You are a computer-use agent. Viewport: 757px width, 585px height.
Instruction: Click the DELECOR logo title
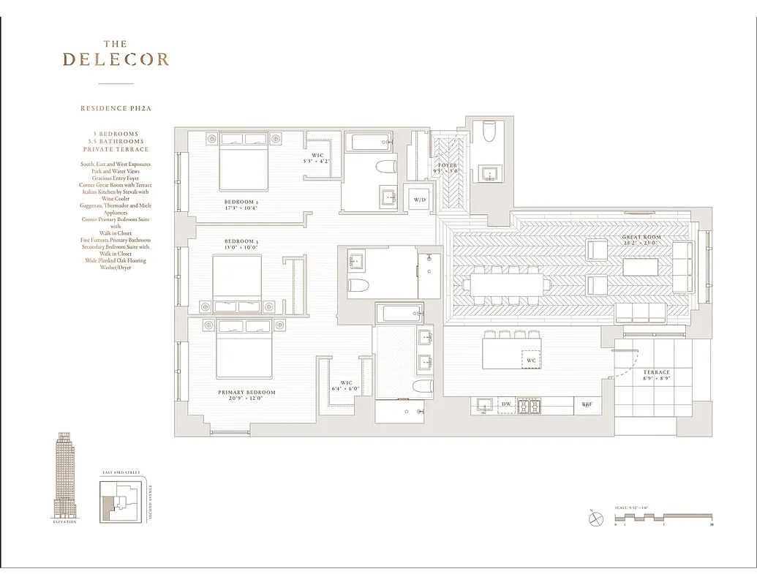tap(116, 58)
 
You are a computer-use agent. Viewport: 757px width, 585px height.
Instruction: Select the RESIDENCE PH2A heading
tap(116, 108)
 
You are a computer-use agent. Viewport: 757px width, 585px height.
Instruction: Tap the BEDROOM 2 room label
tap(240, 202)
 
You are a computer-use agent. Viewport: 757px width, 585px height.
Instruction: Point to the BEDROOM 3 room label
tap(240, 241)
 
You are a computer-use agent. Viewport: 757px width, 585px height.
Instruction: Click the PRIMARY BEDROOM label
tap(246, 393)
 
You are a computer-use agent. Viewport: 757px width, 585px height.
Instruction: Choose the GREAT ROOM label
tap(641, 238)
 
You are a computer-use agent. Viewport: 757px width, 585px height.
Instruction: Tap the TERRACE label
tap(657, 372)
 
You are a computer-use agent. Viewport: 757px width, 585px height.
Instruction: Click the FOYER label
tap(448, 166)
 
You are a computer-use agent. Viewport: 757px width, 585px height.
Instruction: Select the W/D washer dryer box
tap(420, 200)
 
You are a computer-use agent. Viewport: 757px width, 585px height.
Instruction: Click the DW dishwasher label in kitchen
tap(506, 404)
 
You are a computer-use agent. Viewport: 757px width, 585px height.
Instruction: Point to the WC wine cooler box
tap(531, 361)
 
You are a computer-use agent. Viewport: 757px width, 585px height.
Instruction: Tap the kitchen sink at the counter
tap(483, 405)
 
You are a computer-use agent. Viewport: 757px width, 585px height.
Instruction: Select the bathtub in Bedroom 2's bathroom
tap(369, 141)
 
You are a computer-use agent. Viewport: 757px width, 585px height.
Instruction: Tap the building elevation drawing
tap(65, 475)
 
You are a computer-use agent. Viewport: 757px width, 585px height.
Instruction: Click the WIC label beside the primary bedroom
tap(347, 382)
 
